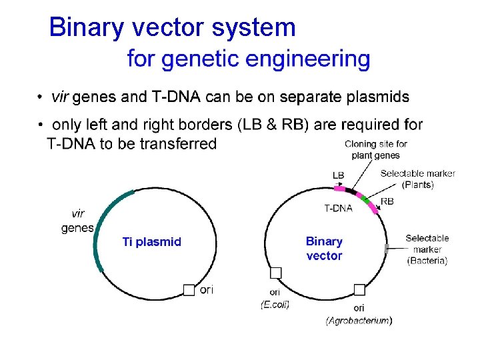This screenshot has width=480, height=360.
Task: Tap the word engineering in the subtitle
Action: pyautogui.click(x=311, y=59)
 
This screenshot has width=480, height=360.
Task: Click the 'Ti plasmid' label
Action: pyautogui.click(x=151, y=242)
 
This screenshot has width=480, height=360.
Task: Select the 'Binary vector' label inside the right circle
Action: pyautogui.click(x=324, y=249)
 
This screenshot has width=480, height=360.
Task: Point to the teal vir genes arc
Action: pyautogui.click(x=100, y=227)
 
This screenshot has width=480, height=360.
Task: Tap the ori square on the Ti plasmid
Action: pyautogui.click(x=189, y=289)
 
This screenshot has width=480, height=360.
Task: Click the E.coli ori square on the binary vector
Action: pyautogui.click(x=275, y=273)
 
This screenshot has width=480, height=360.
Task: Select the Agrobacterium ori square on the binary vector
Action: pyautogui.click(x=359, y=289)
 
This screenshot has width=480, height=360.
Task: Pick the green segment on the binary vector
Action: pyautogui.click(x=364, y=198)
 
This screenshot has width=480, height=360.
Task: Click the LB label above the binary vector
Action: pyautogui.click(x=339, y=175)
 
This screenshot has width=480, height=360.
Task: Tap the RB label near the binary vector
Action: pyautogui.click(x=387, y=201)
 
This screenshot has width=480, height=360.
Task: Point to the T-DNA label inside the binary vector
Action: pyautogui.click(x=338, y=208)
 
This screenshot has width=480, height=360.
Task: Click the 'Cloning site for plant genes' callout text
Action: pyautogui.click(x=375, y=149)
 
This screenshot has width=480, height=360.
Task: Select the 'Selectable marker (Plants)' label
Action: pyautogui.click(x=417, y=179)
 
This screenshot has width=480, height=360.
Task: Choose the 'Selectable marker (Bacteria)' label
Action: pyautogui.click(x=427, y=249)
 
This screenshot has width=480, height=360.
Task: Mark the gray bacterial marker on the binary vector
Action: pyautogui.click(x=386, y=249)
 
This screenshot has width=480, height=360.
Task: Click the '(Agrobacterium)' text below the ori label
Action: pyautogui.click(x=359, y=321)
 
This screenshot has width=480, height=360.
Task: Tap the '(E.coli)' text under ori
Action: pyautogui.click(x=275, y=304)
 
